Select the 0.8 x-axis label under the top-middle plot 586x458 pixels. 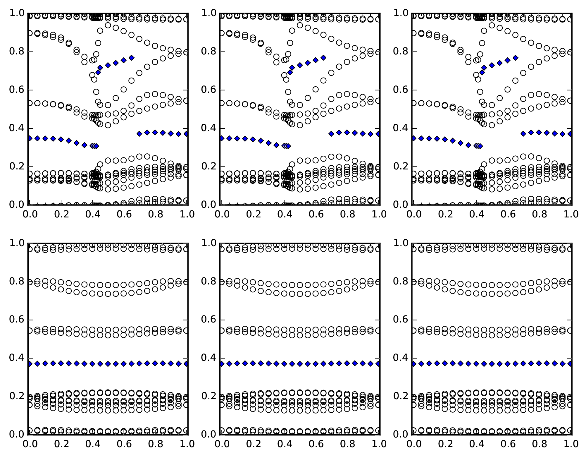pos(347,215)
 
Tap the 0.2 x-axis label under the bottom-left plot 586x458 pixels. pos(60,444)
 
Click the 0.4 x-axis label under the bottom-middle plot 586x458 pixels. pos(284,444)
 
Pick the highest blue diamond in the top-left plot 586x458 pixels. pos(132,58)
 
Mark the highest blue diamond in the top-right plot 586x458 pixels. pos(516,58)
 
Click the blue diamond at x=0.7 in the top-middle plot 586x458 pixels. pos(331,134)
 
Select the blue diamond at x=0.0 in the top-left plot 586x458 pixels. pos(30,138)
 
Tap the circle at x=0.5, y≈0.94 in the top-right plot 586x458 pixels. pos(492,25)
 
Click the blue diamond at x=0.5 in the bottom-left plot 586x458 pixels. pos(108,364)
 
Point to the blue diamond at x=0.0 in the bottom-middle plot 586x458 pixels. pos(222,363)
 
